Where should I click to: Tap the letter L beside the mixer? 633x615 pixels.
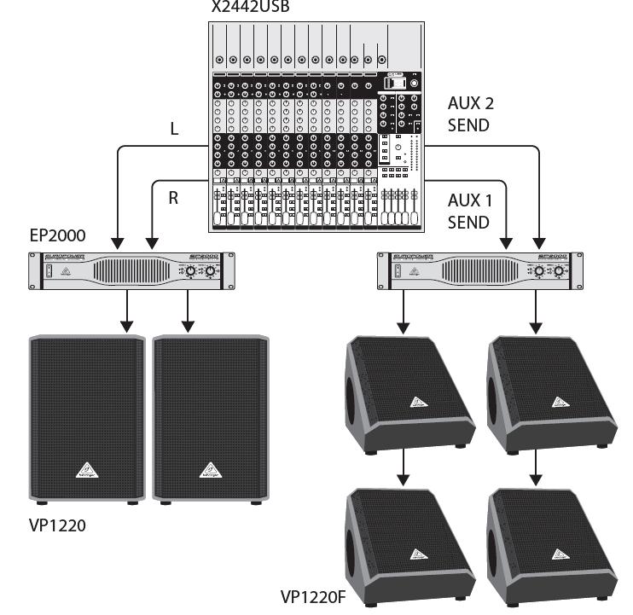point(174,130)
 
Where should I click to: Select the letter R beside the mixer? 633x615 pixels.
point(173,198)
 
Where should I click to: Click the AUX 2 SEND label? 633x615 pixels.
point(469,114)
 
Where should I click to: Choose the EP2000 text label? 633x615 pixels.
point(58,236)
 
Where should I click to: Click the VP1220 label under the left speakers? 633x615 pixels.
point(58,525)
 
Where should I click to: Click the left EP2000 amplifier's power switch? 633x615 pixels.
point(49,272)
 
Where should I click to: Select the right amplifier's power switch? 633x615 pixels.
point(396,272)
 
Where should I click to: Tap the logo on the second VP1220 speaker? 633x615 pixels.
point(209,470)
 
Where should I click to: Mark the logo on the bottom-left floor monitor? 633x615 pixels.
point(417,555)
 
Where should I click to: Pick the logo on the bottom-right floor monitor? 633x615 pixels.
point(559,555)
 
